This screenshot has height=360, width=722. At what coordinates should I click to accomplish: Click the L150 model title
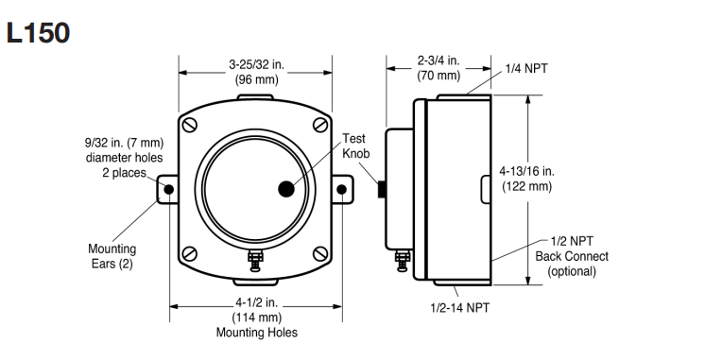pyautogui.click(x=38, y=33)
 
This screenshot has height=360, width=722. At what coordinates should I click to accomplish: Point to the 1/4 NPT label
pyautogui.click(x=526, y=69)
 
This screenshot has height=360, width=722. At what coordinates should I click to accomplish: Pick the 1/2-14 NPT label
pyautogui.click(x=460, y=307)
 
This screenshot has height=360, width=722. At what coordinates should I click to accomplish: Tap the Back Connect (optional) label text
pyautogui.click(x=572, y=264)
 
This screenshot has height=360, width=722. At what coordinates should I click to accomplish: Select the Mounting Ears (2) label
pyautogui.click(x=112, y=256)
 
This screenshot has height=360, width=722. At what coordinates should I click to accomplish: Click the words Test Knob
pyautogui.click(x=355, y=146)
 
